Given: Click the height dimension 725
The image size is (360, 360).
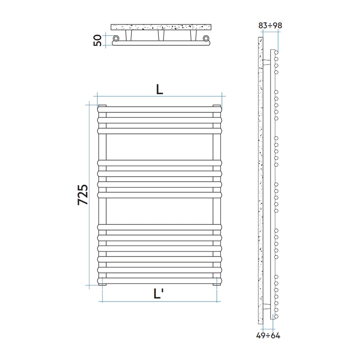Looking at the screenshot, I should (83, 195).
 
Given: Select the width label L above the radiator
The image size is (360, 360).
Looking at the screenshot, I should (159, 89).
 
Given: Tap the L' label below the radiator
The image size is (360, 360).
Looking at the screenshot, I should (160, 294).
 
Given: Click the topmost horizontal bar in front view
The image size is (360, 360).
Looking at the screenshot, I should (159, 109).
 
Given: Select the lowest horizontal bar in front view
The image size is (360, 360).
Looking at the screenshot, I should (159, 280).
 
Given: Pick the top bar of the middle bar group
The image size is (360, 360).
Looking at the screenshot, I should (159, 163).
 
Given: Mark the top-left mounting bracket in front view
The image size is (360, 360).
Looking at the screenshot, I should (102, 105).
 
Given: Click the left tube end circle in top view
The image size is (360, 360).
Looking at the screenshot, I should (116, 39).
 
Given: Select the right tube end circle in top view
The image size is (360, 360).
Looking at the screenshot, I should (206, 39).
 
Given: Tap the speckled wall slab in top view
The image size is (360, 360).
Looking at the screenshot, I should (161, 27).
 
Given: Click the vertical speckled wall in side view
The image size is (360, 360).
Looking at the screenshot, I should (260, 182).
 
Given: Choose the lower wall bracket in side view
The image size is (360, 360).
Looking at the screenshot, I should (267, 306).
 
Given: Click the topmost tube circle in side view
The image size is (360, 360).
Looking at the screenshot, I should (276, 52).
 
